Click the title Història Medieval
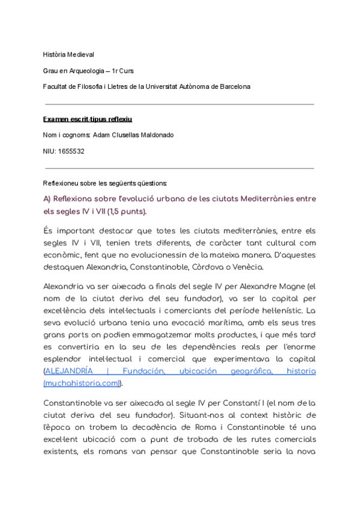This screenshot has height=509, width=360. coord(69,55)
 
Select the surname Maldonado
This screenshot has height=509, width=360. coord(153,135)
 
